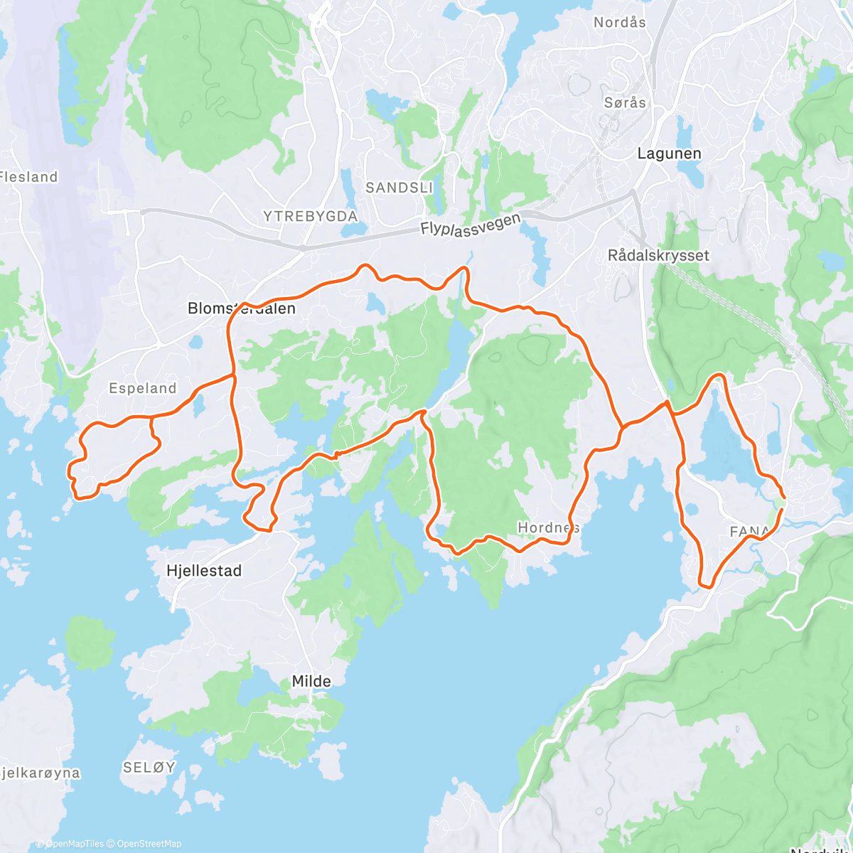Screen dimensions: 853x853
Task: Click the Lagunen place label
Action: (x=669, y=154)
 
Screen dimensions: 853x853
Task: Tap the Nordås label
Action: (x=620, y=22)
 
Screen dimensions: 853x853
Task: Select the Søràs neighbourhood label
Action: (x=625, y=102)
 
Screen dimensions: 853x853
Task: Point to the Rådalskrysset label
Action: (x=658, y=255)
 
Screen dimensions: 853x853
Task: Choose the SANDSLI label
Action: (x=399, y=188)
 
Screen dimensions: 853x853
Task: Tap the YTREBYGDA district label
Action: (x=310, y=216)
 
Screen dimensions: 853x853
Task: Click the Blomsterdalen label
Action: (x=241, y=309)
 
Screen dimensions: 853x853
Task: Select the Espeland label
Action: (x=142, y=388)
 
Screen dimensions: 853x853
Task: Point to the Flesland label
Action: (x=28, y=177)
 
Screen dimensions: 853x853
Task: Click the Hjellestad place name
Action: (x=203, y=570)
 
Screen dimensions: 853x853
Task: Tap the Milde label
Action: (x=311, y=681)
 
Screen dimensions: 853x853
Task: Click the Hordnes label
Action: (x=548, y=527)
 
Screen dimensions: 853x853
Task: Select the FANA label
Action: (x=749, y=531)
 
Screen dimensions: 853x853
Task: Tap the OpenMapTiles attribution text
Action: (x=74, y=844)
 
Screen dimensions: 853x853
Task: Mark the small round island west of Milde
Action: (x=90, y=643)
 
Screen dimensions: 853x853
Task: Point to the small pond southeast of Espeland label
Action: (x=198, y=403)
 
